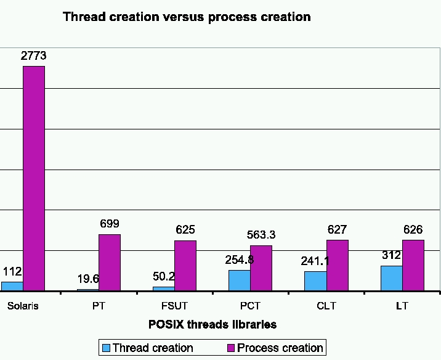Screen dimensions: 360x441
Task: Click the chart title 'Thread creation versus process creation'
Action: [x=187, y=17]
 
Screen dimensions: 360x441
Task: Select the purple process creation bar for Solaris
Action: [x=34, y=178]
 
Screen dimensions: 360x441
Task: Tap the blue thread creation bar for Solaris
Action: [x=12, y=286]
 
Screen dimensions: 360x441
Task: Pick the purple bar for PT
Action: [x=110, y=262]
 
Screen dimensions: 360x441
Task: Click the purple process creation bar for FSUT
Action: [x=185, y=265]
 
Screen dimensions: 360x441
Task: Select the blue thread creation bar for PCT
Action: [x=239, y=280]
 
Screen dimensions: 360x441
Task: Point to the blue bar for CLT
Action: [x=315, y=280]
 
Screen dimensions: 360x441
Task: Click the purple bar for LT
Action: [x=413, y=265]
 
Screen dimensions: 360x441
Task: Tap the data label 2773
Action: [x=34, y=56]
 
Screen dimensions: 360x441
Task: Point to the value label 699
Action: [x=110, y=224]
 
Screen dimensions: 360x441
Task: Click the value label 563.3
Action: [x=261, y=235]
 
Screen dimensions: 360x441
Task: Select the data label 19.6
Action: [x=88, y=279]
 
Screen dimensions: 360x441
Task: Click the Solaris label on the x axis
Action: [x=23, y=306]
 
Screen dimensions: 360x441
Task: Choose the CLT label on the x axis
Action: [x=326, y=306]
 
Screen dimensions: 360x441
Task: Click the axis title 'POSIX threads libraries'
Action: [x=212, y=324]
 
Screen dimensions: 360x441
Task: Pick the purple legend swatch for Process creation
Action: [x=231, y=348]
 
